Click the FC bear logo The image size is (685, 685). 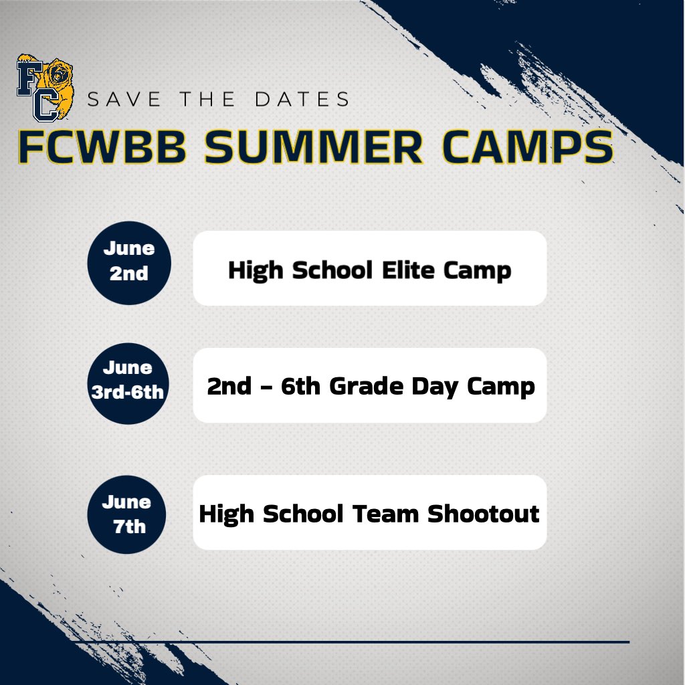[45, 88]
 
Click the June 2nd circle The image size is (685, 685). [129, 262]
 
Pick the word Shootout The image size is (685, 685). [483, 514]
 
